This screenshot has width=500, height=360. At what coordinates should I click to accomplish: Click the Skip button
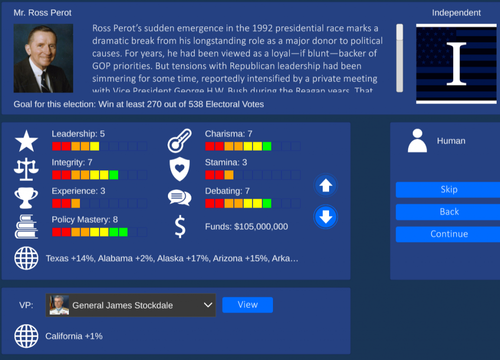click(x=448, y=190)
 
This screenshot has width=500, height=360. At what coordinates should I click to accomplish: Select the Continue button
click(x=448, y=234)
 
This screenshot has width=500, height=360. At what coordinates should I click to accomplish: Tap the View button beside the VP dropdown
click(x=248, y=305)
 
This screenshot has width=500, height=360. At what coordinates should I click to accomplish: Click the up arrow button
click(x=326, y=185)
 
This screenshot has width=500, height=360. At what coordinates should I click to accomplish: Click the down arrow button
click(x=326, y=216)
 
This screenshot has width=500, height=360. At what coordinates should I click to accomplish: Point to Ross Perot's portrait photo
click(x=43, y=59)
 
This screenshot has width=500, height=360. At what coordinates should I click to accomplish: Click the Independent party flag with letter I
click(x=456, y=63)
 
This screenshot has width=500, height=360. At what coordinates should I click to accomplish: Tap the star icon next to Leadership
click(x=26, y=140)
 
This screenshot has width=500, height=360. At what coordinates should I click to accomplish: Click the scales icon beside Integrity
click(x=26, y=169)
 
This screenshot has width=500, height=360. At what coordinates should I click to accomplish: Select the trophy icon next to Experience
click(x=26, y=198)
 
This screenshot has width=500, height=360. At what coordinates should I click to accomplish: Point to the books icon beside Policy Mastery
click(x=26, y=226)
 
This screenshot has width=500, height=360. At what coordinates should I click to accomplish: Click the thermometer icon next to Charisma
click(x=179, y=140)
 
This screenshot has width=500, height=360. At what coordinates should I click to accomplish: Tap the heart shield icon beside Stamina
click(x=179, y=169)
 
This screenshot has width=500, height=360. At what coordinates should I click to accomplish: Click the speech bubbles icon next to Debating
click(x=179, y=198)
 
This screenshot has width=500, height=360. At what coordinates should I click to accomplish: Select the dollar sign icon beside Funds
click(x=180, y=227)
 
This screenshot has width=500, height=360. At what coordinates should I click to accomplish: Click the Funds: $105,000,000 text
click(x=246, y=227)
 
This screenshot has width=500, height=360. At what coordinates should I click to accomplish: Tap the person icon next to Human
click(x=417, y=141)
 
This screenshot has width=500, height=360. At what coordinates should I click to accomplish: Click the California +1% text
click(x=74, y=336)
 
